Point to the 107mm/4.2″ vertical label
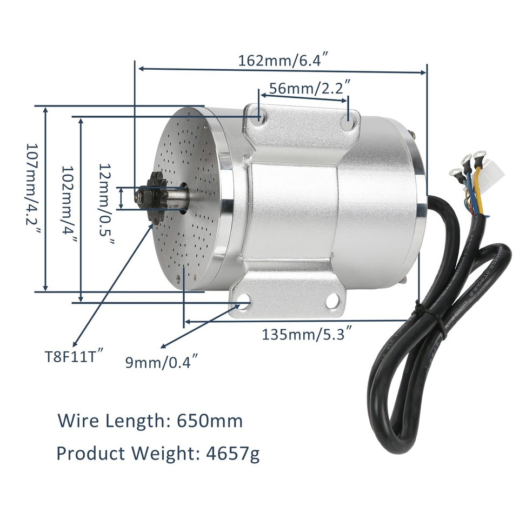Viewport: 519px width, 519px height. click(x=34, y=197)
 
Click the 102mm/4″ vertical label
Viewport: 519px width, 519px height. click(x=69, y=209)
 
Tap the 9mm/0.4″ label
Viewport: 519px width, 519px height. click(x=161, y=361)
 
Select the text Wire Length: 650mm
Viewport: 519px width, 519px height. click(x=150, y=421)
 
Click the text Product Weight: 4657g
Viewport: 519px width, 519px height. click(x=158, y=452)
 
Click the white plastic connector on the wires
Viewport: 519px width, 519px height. click(x=494, y=172)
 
